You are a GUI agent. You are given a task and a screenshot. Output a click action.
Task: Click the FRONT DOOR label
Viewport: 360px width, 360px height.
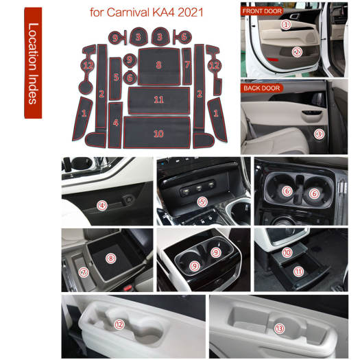[262, 11]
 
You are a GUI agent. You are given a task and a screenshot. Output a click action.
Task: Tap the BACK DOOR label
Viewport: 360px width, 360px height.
[262, 88]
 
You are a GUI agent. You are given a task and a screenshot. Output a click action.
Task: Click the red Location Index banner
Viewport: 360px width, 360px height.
[33, 63]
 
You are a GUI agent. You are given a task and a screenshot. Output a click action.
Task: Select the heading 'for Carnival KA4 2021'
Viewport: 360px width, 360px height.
[147, 12]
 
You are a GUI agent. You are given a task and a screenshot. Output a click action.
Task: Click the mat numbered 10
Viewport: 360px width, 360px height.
[157, 133]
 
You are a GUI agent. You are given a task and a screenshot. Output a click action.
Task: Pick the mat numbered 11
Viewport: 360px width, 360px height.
[159, 100]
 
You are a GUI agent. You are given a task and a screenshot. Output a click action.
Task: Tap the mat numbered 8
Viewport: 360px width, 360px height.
[159, 67]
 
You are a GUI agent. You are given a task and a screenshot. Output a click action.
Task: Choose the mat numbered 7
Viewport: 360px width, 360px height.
[187, 66]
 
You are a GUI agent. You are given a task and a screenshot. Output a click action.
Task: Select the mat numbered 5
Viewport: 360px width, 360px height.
[115, 78]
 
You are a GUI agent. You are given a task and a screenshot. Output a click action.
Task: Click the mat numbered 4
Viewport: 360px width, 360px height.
[115, 125]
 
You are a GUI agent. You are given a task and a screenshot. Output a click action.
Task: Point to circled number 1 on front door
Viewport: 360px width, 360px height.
[286, 25]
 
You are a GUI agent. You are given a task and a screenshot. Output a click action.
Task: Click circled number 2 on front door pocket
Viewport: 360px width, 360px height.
[297, 52]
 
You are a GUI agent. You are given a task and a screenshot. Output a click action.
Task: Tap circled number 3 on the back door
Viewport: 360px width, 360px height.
[319, 134]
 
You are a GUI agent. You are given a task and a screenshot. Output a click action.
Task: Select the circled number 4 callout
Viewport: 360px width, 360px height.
[102, 206]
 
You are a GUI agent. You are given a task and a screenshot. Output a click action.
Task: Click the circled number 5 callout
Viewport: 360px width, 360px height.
[202, 202]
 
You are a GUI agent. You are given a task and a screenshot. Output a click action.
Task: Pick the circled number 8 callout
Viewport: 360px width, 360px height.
[110, 259]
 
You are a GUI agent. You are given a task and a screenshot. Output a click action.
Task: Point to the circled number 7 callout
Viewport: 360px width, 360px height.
[84, 272]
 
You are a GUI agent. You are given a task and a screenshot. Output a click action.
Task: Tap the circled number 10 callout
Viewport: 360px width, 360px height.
[287, 252]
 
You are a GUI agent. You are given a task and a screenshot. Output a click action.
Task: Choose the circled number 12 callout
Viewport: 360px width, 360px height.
[119, 324]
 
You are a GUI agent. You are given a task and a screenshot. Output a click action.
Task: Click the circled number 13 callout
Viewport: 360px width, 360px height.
[279, 328]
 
